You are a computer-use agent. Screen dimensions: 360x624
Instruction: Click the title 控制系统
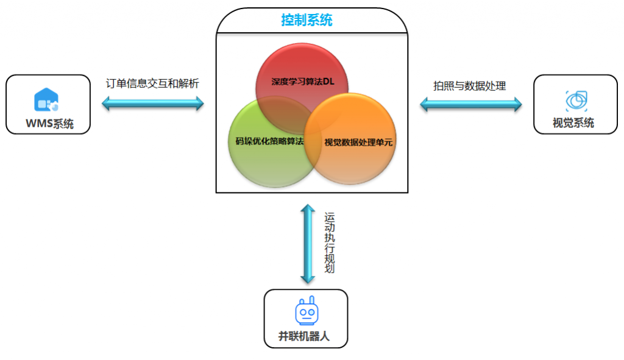pos(307,20)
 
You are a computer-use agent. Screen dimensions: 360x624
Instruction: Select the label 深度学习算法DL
pos(303,81)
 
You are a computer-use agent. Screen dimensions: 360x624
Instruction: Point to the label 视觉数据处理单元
pos(358,143)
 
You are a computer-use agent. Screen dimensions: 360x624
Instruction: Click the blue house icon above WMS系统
pos(47,100)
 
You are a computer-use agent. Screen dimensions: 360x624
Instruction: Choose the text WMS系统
pos(49,124)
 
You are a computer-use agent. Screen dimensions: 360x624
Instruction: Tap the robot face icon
pos(307,312)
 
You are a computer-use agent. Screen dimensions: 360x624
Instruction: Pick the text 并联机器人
pos(304,336)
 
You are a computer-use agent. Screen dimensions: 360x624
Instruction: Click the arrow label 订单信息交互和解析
pos(152,83)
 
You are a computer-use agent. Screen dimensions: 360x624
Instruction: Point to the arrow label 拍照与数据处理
pos(470,86)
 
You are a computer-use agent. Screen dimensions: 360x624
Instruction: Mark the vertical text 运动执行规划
pos(330,242)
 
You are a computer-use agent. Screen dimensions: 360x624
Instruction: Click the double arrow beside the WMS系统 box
pos(152,104)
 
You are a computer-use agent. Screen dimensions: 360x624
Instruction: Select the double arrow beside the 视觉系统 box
pos(471,105)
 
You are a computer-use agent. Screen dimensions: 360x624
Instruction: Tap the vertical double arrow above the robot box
pos(308,243)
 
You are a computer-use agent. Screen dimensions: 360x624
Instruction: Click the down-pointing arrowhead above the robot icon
pos(308,278)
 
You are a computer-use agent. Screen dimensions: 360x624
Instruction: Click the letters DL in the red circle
pos(329,81)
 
